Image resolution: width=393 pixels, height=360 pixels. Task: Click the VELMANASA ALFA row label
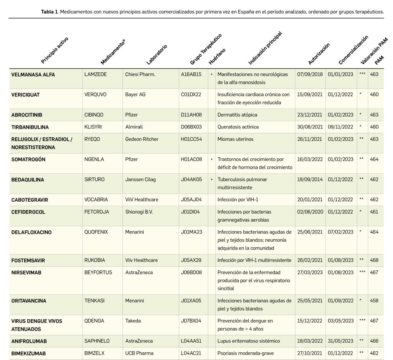coord(33,74)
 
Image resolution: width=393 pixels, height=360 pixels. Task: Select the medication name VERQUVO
coord(96,94)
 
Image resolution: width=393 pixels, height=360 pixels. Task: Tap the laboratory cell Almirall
coord(134,127)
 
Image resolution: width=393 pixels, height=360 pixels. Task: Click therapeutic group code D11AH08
coord(191,115)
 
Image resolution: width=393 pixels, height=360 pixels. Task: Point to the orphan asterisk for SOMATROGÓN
coord(211,159)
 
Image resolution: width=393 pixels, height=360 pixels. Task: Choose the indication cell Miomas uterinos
coord(235,139)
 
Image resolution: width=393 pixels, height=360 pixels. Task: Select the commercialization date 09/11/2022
coord(340,127)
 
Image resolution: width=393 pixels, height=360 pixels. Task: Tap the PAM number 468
coord(374,260)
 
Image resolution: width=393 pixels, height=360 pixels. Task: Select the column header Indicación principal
coord(265,48)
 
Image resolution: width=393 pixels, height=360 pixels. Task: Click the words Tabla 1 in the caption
coord(49,12)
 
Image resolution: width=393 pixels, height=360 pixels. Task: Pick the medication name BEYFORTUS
coord(98,273)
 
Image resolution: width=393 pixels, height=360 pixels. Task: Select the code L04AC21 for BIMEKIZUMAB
coord(191,353)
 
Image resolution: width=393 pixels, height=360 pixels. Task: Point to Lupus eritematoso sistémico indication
coord(249,341)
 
